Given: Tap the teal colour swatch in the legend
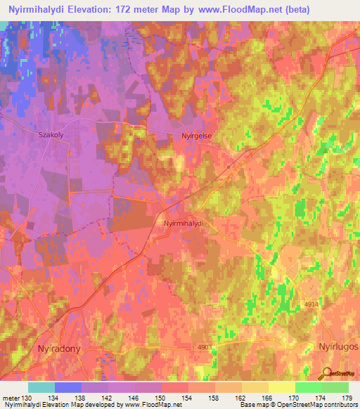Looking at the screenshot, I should pos(41,387).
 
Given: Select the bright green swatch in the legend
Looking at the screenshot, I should pos(308,387).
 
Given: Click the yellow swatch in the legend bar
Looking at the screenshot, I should pos(281,387).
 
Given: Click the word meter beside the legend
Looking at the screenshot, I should pos(11,398).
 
